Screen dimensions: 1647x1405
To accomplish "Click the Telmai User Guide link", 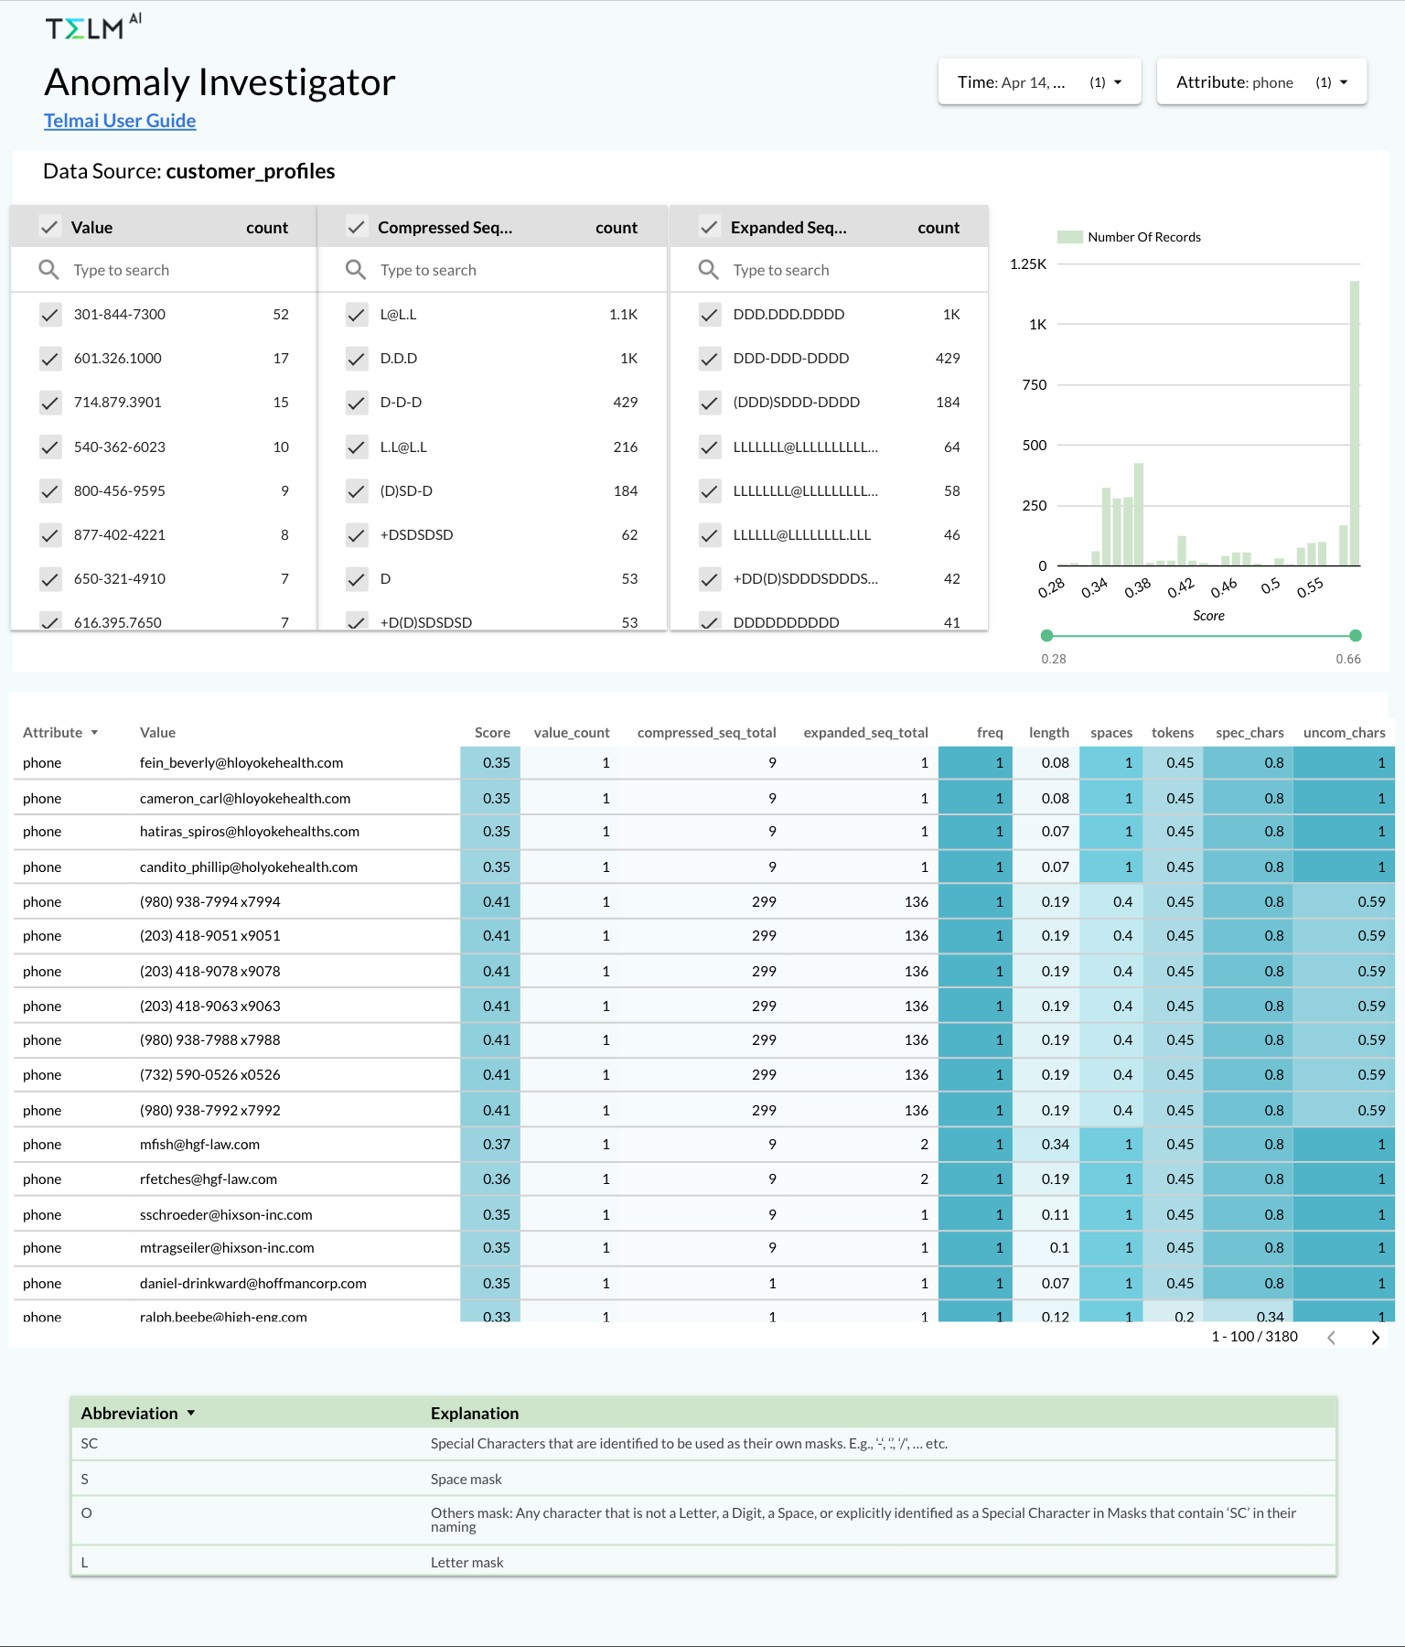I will point(120,121).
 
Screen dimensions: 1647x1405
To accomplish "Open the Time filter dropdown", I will point(1039,82).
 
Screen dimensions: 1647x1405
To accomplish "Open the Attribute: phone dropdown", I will point(1261,82).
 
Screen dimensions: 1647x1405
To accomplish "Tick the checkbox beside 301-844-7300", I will point(50,315).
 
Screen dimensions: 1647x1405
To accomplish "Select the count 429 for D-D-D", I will point(625,403).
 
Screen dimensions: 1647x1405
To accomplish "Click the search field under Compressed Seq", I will point(494,270).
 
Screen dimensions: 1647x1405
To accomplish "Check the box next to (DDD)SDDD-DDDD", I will point(709,403).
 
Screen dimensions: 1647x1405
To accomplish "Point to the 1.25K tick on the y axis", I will point(1028,264).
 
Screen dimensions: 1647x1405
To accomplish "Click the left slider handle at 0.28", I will point(1047,636).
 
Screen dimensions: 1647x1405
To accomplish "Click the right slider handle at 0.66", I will point(1356,636).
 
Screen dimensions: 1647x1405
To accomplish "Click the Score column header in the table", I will point(492,733).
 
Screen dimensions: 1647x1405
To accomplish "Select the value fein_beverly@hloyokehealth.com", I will point(241,763).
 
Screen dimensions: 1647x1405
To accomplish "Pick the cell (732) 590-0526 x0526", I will point(210,1075).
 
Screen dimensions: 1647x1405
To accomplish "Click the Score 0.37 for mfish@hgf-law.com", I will point(497,1145).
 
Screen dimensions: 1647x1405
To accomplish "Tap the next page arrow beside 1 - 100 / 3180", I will point(1375,1338).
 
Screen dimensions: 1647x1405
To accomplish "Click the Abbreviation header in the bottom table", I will point(130,1414).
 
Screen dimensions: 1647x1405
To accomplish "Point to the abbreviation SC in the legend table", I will point(90,1444).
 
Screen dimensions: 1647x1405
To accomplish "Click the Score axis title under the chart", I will point(1208,616).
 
